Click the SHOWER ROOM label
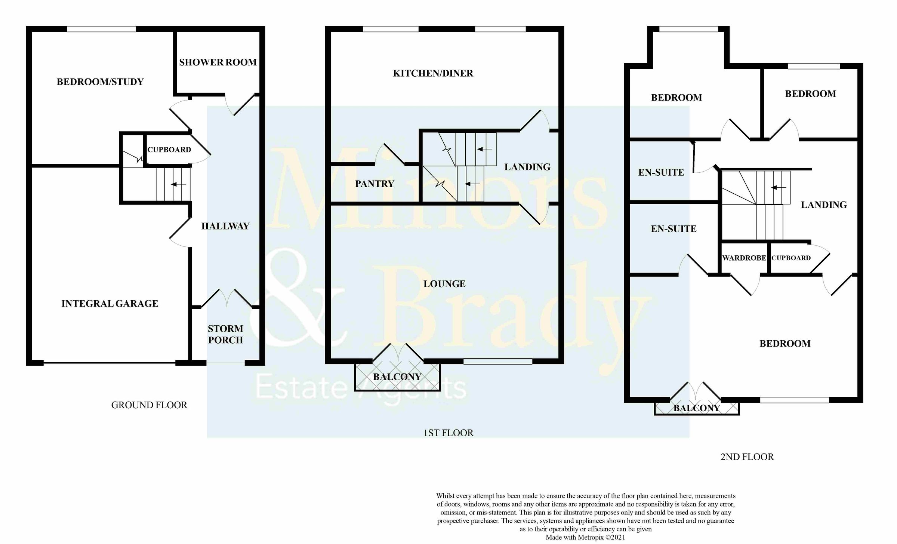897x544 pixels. click(x=218, y=62)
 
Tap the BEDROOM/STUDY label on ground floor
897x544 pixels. click(x=100, y=82)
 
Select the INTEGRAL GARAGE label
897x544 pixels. click(x=110, y=304)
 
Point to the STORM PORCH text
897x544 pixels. click(x=225, y=334)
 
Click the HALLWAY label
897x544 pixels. click(x=225, y=226)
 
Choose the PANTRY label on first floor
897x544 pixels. click(x=374, y=184)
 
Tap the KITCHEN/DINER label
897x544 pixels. click(x=433, y=73)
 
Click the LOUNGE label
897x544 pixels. click(x=444, y=284)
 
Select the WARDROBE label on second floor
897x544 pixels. click(x=744, y=258)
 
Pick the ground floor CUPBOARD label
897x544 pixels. click(x=169, y=150)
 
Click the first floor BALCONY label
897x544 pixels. click(x=397, y=377)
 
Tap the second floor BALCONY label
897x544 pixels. click(x=697, y=408)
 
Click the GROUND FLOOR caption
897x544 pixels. click(x=149, y=405)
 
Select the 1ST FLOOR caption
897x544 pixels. click(x=448, y=433)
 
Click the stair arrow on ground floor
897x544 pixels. click(x=179, y=184)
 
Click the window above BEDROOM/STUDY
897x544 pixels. click(x=101, y=29)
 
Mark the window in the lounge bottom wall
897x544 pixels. click(x=497, y=361)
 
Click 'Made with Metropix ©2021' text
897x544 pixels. click(x=585, y=538)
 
